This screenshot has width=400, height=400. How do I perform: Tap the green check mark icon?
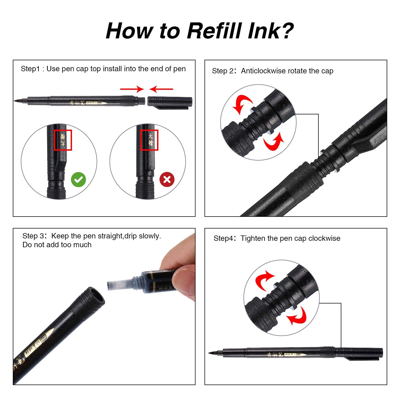pos(78,180)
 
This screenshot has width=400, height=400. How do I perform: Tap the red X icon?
pos(167,179)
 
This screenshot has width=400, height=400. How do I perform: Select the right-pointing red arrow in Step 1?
pos(132,89)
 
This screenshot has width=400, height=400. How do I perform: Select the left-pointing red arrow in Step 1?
pos(161,89)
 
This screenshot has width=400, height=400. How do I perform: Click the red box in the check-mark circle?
pos(63,140)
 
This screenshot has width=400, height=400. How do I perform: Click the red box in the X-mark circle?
pos(149,140)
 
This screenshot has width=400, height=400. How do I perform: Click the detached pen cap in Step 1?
pos(170,102)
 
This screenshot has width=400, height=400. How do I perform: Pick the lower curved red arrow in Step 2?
pos(273,141)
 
